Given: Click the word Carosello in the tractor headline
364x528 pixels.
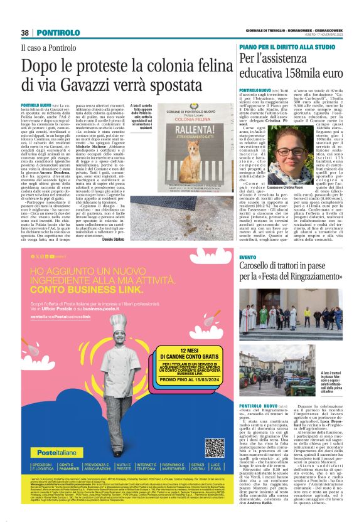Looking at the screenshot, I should coord(259,267).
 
